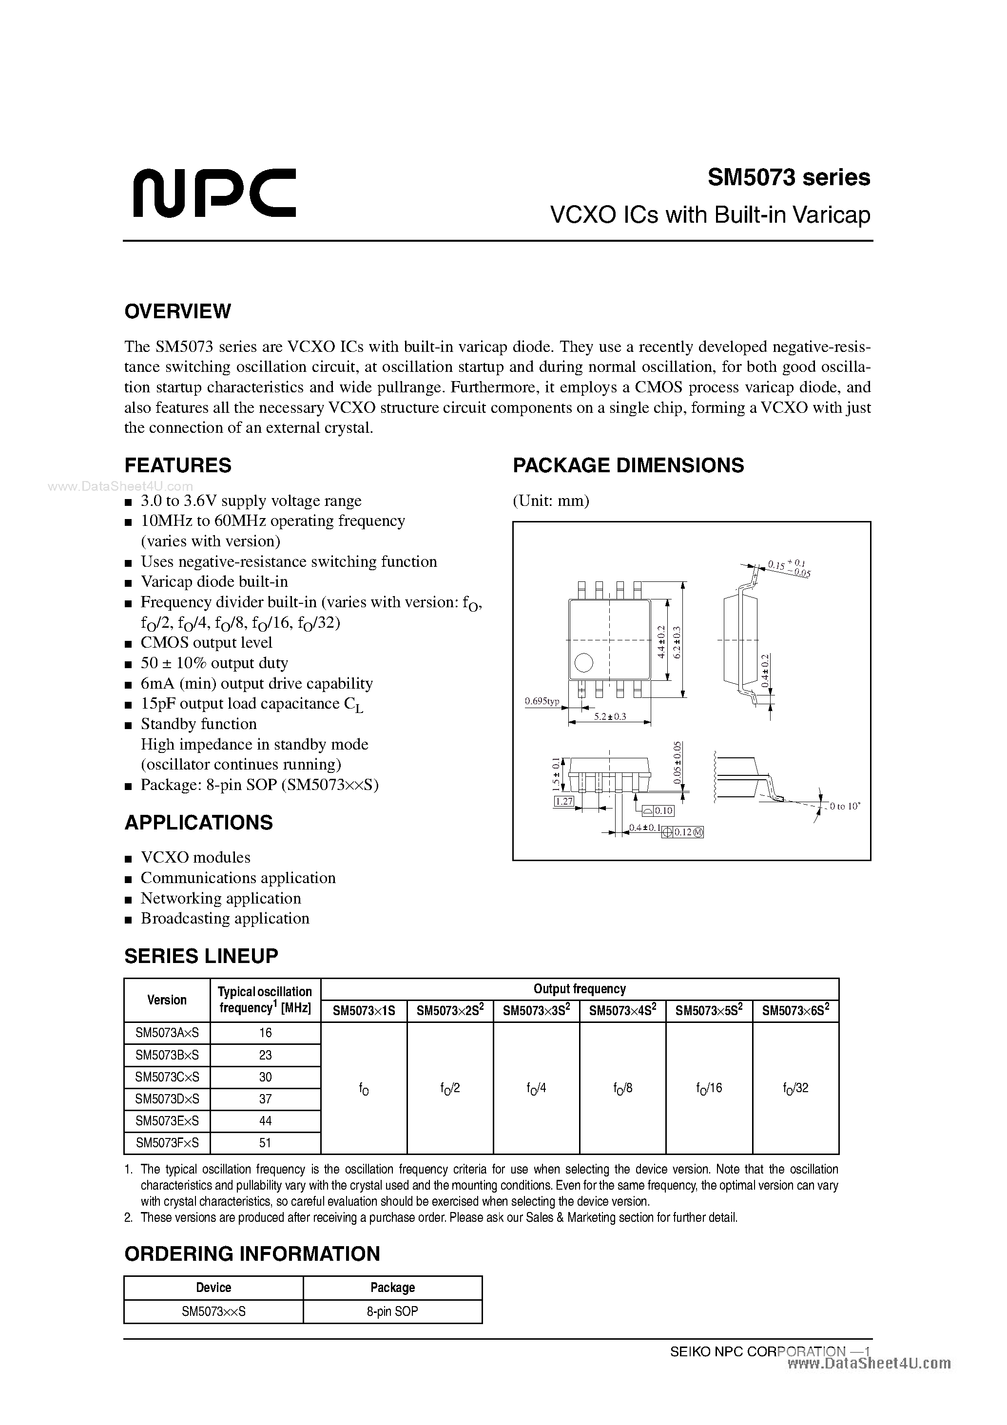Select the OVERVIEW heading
coord(177,311)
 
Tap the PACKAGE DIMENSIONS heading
coord(628,465)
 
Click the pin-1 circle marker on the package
coord(583,663)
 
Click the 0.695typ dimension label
coord(542,701)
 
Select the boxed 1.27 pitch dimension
coord(564,801)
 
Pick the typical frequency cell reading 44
coord(266,1121)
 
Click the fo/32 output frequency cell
coord(795,1088)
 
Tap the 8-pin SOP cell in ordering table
coord(392,1311)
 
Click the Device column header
coord(213,1287)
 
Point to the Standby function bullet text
coord(199,724)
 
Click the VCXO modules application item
coord(195,857)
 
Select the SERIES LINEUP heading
coord(201,956)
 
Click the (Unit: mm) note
coord(551,500)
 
